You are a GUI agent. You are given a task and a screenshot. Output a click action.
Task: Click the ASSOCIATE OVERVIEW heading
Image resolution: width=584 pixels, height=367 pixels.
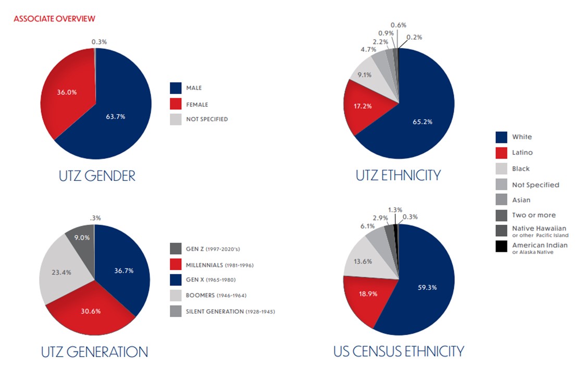pyautogui.click(x=54, y=19)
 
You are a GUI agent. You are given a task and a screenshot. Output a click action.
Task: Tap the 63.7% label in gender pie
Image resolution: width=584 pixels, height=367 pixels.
pyautogui.click(x=115, y=116)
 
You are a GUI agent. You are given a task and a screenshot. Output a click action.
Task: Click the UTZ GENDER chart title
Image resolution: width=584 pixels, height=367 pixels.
pyautogui.click(x=97, y=176)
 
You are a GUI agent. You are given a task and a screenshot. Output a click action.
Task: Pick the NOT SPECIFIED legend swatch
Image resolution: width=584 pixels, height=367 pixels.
pyautogui.click(x=176, y=119)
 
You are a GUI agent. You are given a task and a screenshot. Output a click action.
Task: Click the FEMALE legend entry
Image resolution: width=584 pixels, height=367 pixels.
pyautogui.click(x=197, y=104)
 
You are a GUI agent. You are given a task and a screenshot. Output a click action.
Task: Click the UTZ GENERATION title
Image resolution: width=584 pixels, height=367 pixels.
pyautogui.click(x=94, y=352)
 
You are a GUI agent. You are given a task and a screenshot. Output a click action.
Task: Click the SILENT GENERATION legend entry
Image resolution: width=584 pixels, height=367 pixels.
pyautogui.click(x=230, y=311)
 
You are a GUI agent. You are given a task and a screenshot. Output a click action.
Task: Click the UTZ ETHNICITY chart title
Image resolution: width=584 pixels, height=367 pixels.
pyautogui.click(x=397, y=175)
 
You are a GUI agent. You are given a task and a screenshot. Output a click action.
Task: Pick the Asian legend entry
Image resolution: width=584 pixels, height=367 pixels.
pyautogui.click(x=521, y=200)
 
